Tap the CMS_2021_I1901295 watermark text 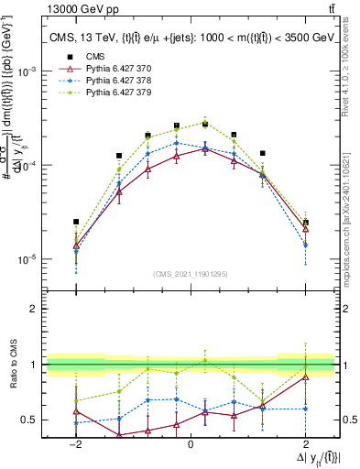coord(191,274)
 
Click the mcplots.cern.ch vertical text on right coord(350,211)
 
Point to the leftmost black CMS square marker coord(76,222)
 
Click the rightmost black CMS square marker coord(305,223)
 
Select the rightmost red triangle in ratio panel coord(305,376)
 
